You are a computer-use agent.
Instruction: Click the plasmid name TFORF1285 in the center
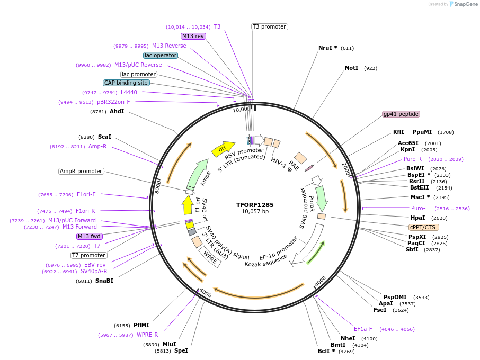[255, 205]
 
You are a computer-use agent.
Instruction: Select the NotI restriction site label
[351, 68]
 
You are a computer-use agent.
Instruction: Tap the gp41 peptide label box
[401, 114]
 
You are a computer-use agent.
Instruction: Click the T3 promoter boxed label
[269, 26]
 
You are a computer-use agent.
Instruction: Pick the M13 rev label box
[193, 36]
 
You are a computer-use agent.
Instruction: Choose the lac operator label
[161, 55]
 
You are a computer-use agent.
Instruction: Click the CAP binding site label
[126, 83]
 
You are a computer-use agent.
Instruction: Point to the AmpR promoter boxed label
[81, 171]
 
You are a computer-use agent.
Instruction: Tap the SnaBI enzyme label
[104, 281]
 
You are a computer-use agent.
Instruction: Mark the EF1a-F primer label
[363, 329]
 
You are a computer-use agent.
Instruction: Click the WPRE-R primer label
[147, 335]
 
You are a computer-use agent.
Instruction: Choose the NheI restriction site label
[348, 338]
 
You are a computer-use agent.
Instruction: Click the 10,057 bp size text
[255, 212]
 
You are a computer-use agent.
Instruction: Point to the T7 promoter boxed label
[89, 255]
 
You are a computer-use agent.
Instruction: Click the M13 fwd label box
[89, 236]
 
